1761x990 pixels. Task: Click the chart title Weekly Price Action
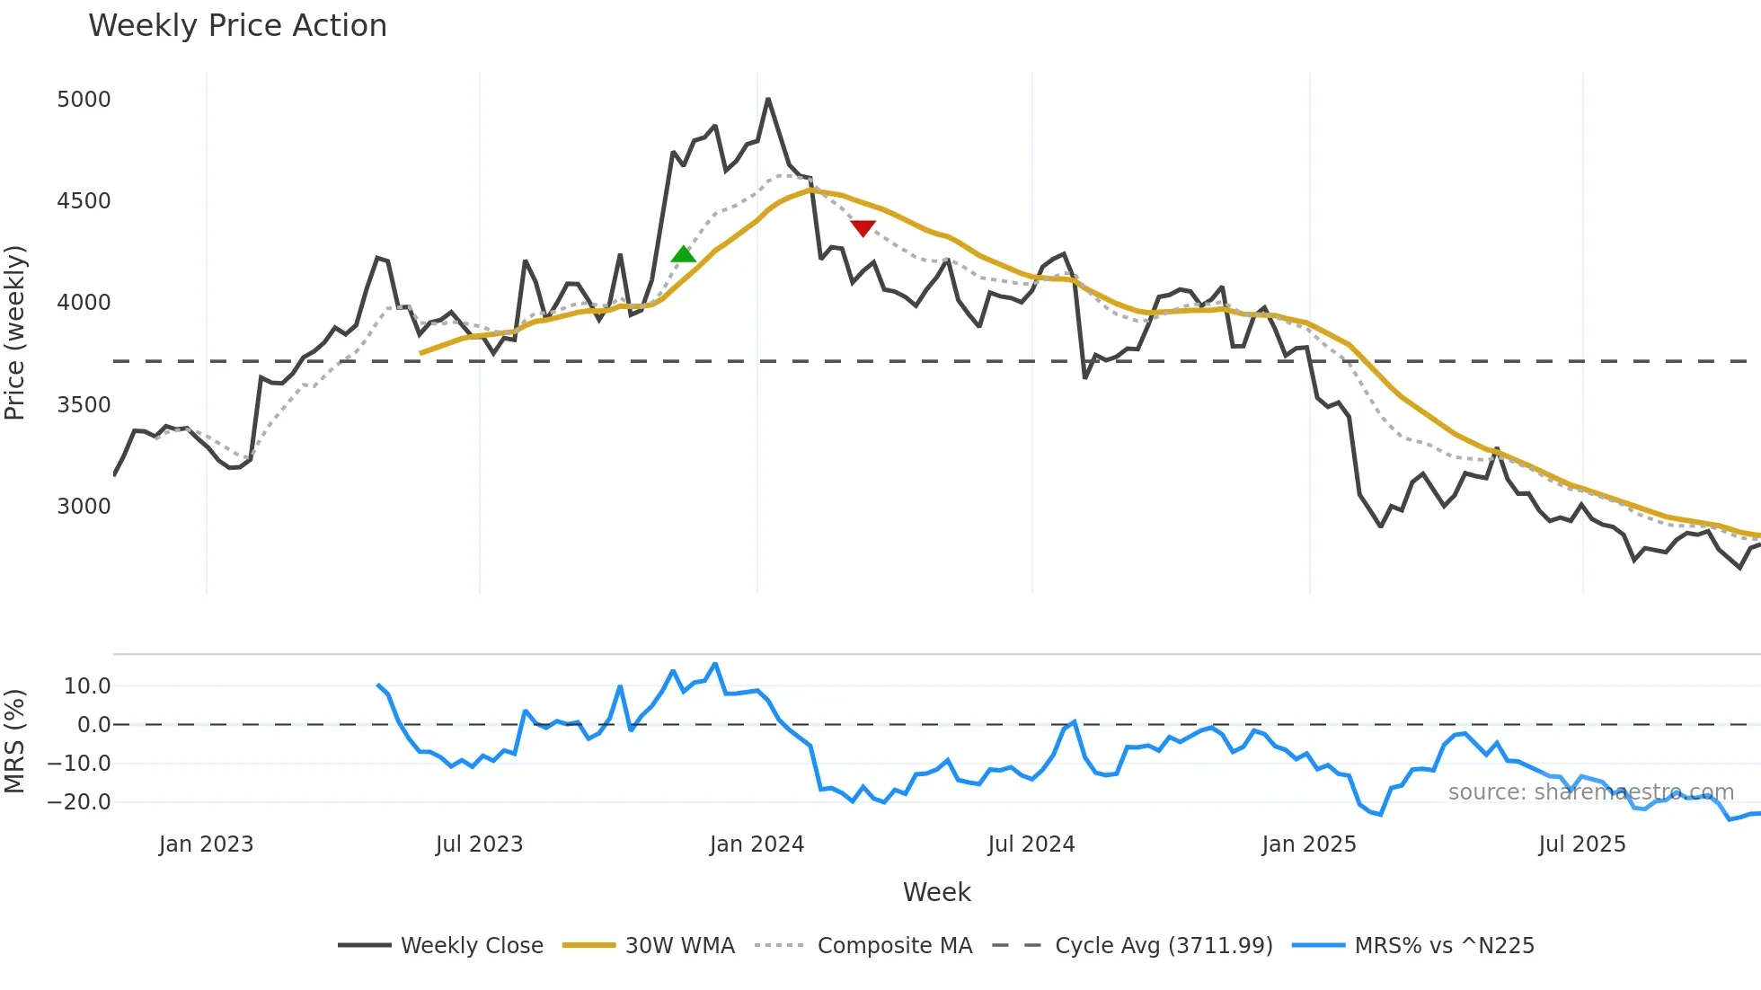(237, 26)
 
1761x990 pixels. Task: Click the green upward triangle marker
(683, 255)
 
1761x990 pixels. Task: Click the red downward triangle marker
(863, 228)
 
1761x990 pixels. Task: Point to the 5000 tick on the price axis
(84, 100)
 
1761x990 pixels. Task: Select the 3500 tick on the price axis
(84, 405)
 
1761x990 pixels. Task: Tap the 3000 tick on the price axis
(84, 507)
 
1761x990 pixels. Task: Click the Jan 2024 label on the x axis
(757, 844)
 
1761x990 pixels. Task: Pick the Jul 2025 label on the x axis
(1581, 844)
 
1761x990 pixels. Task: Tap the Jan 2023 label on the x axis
(206, 844)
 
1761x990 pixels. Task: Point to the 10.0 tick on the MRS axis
(87, 686)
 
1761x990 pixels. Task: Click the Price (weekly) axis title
(15, 332)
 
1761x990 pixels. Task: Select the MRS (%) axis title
(15, 741)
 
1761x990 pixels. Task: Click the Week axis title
(936, 892)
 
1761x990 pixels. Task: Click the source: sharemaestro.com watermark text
(1590, 792)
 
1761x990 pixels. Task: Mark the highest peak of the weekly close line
(768, 99)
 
